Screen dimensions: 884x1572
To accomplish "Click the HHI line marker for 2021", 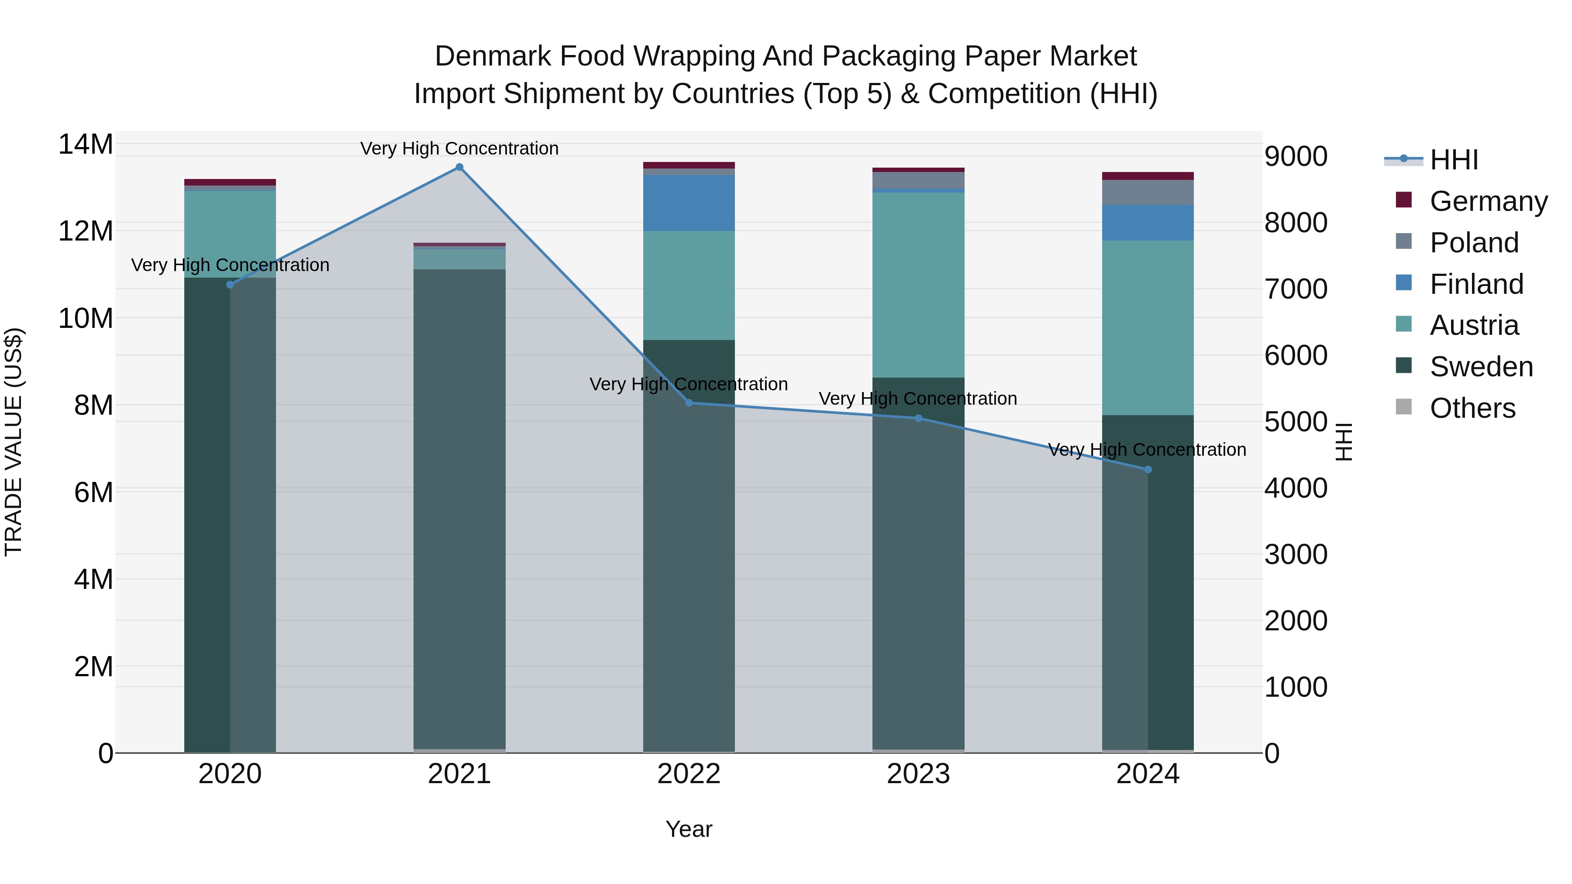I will [459, 167].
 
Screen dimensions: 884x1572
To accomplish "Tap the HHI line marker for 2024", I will [1148, 470].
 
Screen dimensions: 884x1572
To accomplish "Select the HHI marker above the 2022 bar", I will [689, 402].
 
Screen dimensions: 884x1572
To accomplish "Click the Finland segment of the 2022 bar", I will [689, 203].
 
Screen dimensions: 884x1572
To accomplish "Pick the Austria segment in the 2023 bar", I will [918, 285].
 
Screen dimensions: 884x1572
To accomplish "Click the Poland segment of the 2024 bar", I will [1148, 192].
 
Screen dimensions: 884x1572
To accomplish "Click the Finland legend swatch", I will [1403, 283].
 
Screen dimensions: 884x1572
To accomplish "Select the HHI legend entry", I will [1453, 160].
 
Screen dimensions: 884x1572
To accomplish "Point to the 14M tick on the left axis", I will [86, 144].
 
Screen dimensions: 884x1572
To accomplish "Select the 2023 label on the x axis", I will [918, 774].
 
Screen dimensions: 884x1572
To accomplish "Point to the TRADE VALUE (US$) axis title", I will [14, 442].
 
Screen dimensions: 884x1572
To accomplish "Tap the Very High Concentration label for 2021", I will [459, 148].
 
